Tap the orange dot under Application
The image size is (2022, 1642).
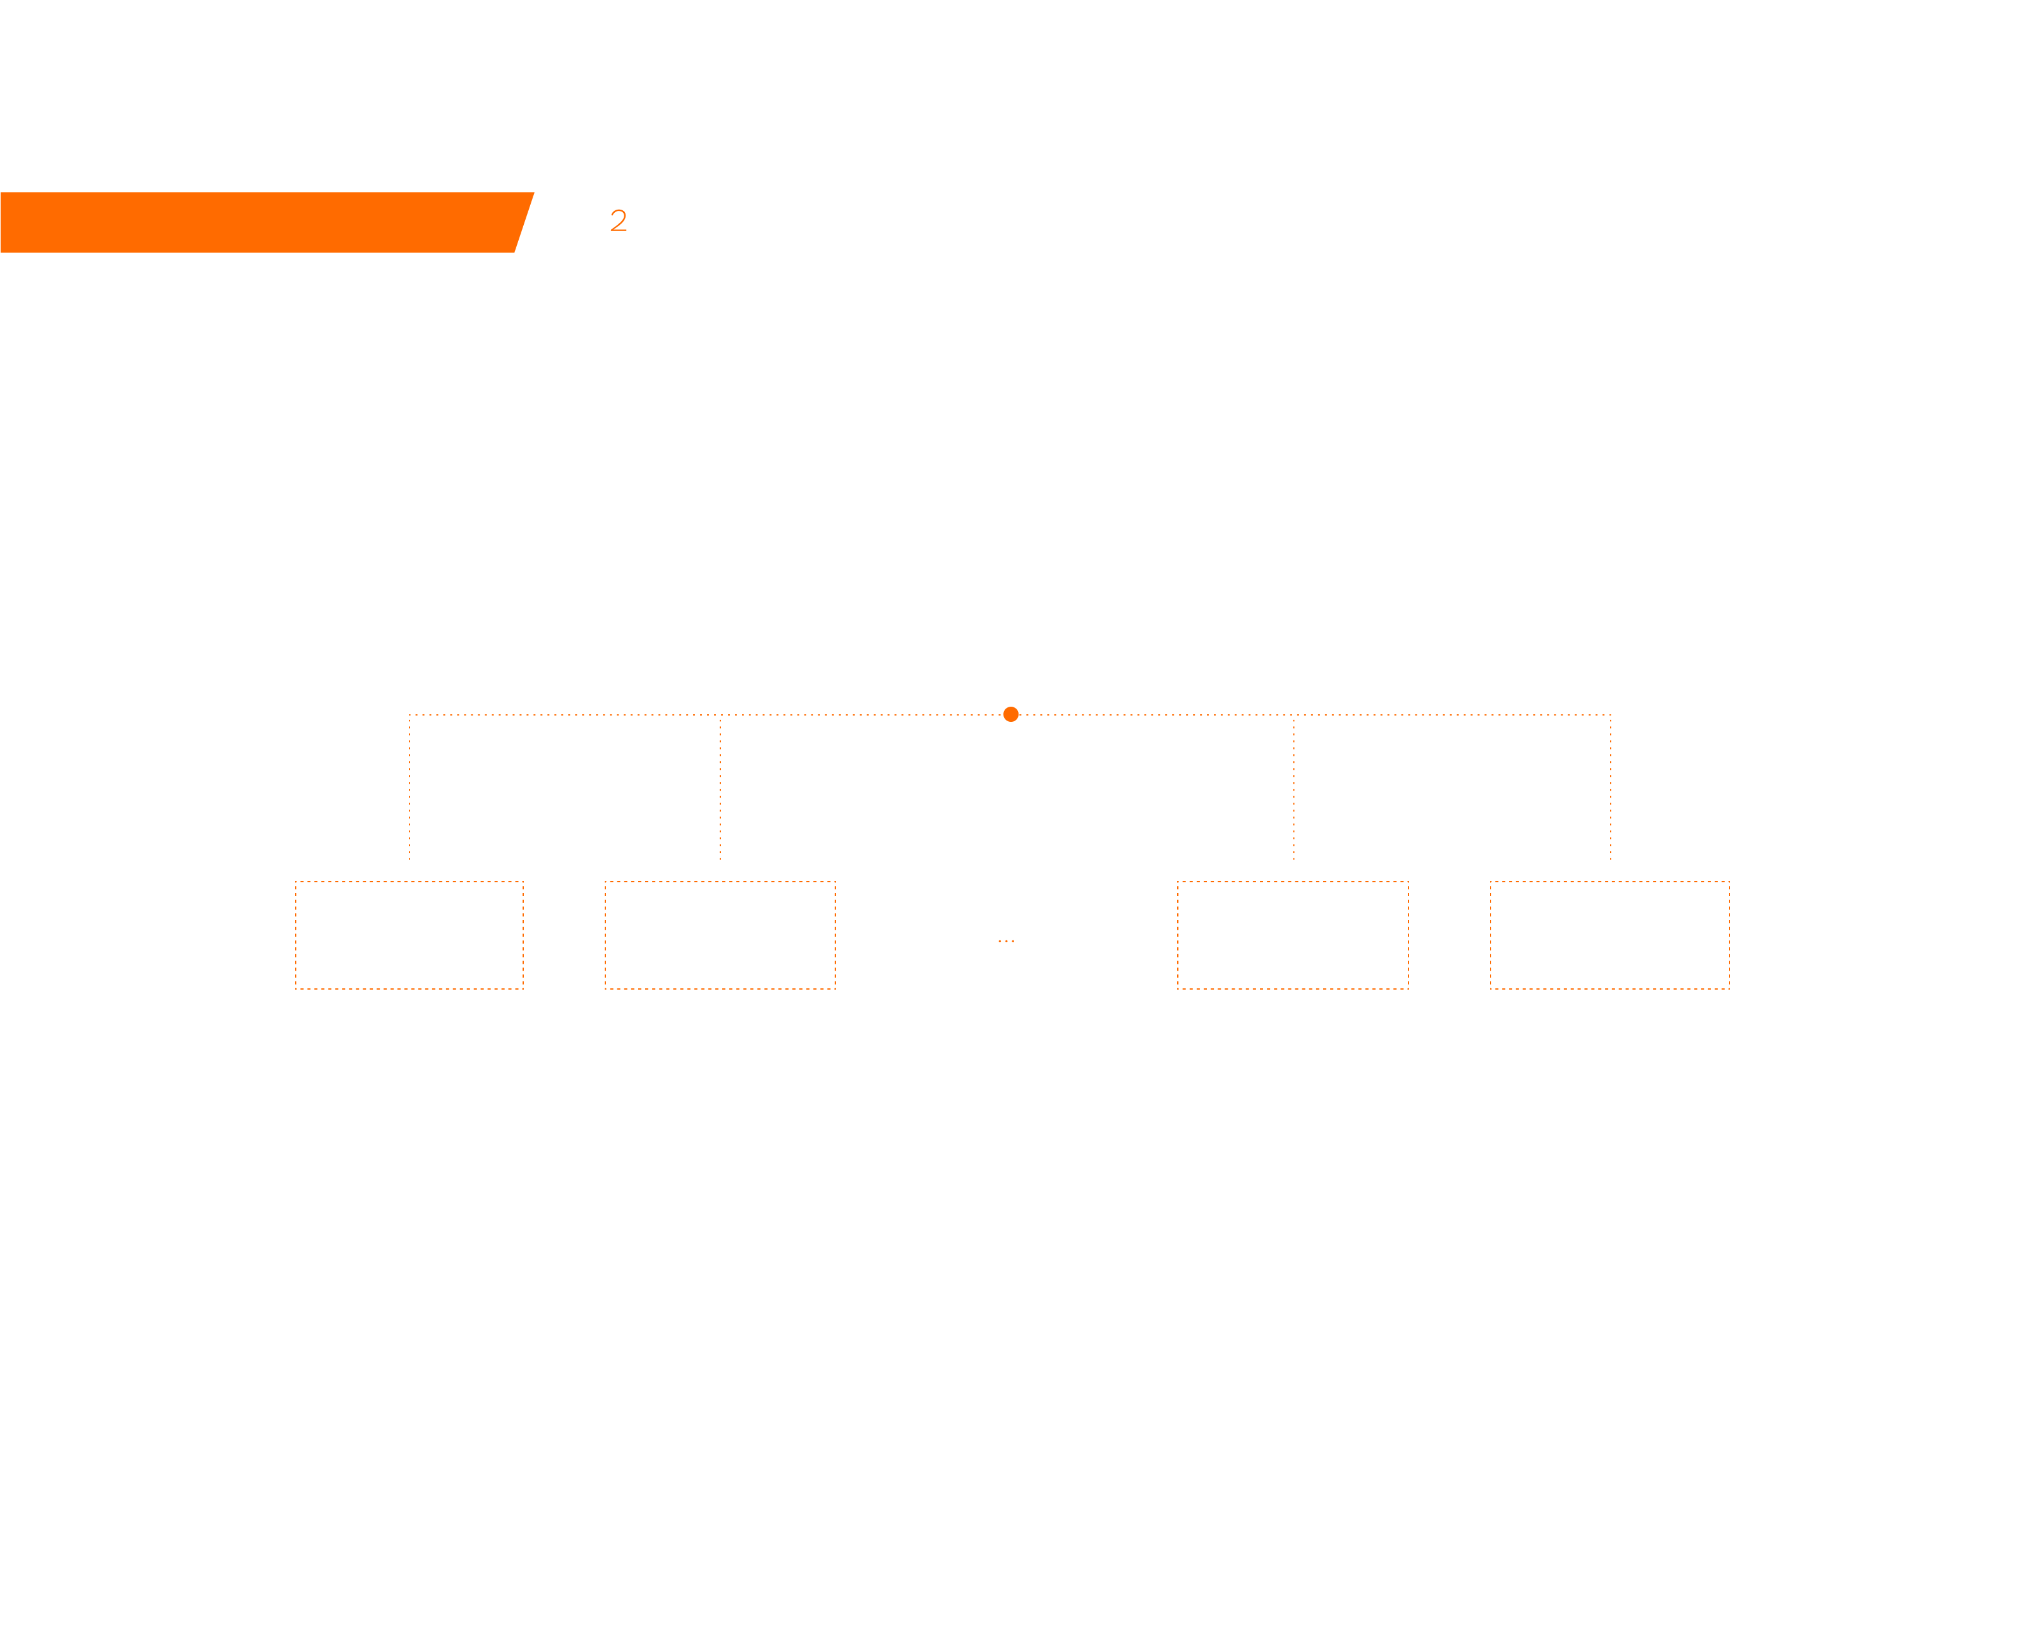1010,714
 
